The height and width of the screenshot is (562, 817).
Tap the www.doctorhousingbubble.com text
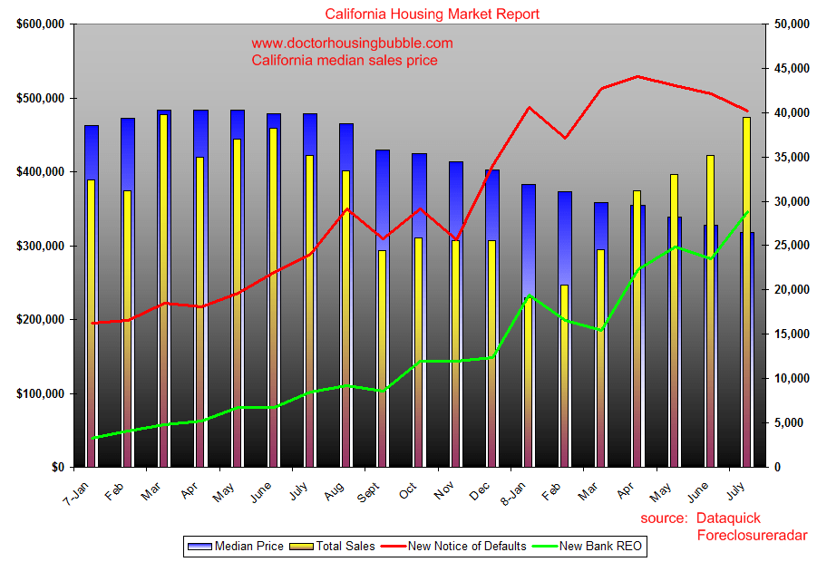[352, 43]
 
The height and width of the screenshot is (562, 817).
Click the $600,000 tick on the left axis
[40, 24]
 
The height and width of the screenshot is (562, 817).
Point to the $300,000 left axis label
[40, 246]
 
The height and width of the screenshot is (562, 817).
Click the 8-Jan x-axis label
[513, 490]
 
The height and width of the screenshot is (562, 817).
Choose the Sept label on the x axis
[367, 492]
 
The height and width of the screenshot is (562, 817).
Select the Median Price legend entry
[236, 546]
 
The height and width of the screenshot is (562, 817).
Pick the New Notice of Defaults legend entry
[454, 546]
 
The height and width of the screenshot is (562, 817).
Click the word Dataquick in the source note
[728, 518]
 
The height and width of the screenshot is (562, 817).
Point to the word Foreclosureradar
[752, 536]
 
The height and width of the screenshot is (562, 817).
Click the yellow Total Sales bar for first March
[163, 290]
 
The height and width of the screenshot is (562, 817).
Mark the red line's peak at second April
[637, 76]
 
